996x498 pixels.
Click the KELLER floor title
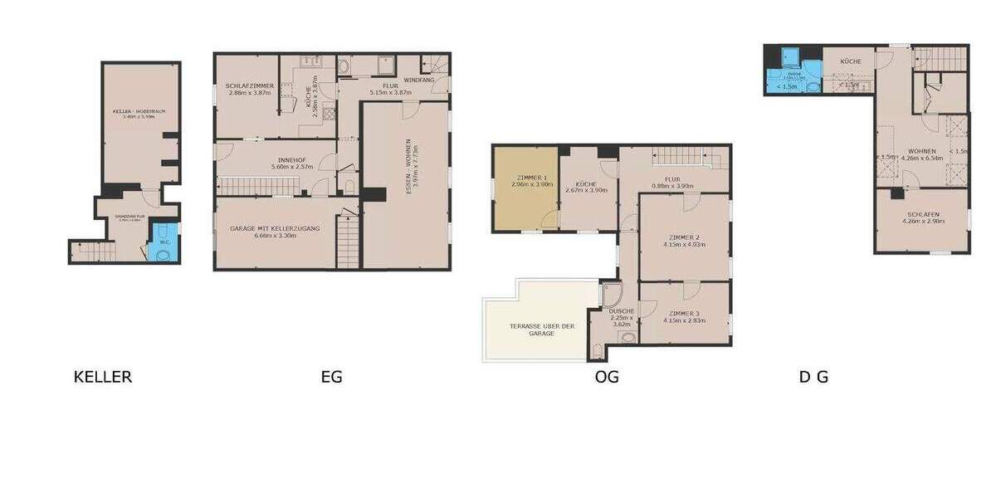103,377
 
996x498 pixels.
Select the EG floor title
331,377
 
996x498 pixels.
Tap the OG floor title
607,377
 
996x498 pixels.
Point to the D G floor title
813,377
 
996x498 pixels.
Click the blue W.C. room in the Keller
164,240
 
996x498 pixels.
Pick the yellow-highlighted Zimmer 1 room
525,188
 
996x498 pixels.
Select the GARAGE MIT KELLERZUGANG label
276,228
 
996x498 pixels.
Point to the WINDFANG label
419,80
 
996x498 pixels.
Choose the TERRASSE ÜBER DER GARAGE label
542,330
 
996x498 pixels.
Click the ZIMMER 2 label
684,237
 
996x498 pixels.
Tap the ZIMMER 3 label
684,312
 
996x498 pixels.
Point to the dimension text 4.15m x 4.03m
684,245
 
